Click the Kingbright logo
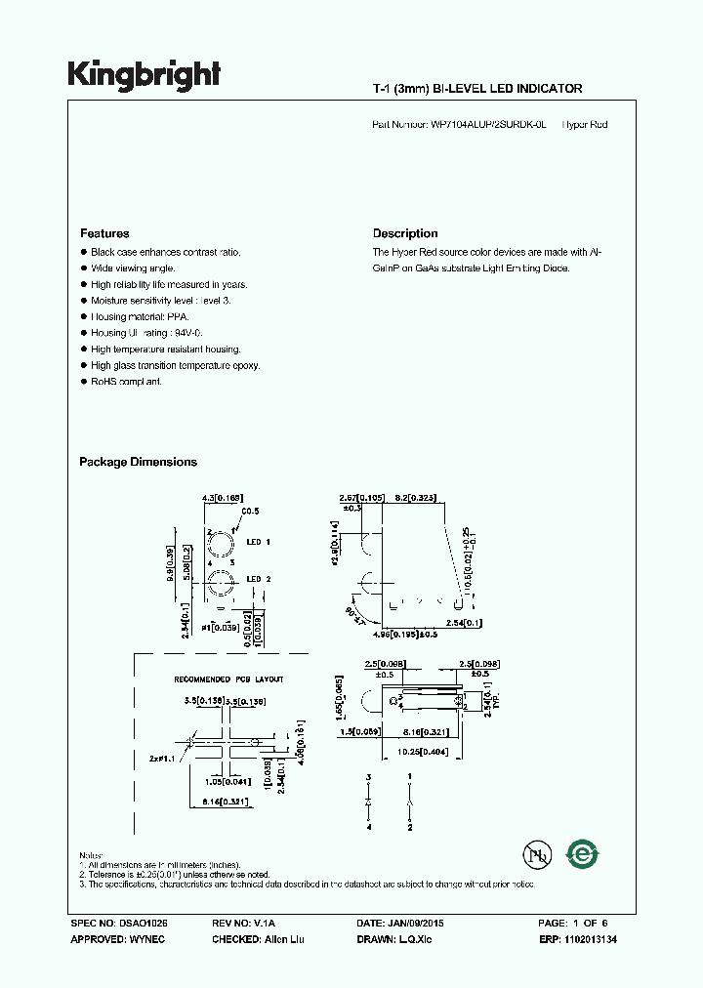(144, 75)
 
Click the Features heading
(104, 233)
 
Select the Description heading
(405, 233)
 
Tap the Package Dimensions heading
(138, 462)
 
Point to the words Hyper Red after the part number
(585, 125)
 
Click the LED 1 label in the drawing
(259, 541)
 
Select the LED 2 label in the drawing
(259, 579)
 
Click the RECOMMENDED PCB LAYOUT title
(228, 679)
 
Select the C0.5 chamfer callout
(249, 511)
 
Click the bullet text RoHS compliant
(126, 381)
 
